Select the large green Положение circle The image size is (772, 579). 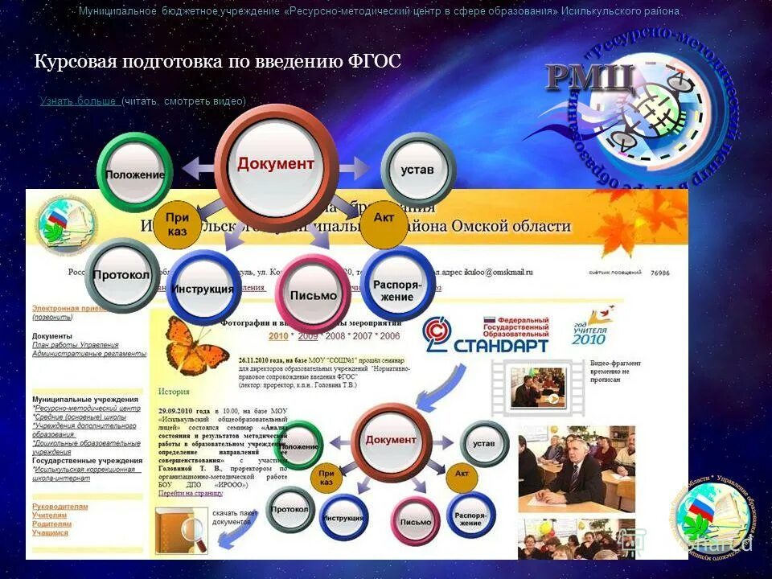135,174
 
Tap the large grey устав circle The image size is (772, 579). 417,170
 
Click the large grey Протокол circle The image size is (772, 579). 121,275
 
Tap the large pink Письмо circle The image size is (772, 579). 313,294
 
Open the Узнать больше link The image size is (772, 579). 80,101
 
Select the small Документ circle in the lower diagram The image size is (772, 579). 391,441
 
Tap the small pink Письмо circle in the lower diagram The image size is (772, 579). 416,521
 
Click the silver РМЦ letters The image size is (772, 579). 591,78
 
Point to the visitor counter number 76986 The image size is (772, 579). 659,273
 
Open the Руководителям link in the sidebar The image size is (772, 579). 60,507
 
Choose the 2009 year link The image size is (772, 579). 308,336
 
